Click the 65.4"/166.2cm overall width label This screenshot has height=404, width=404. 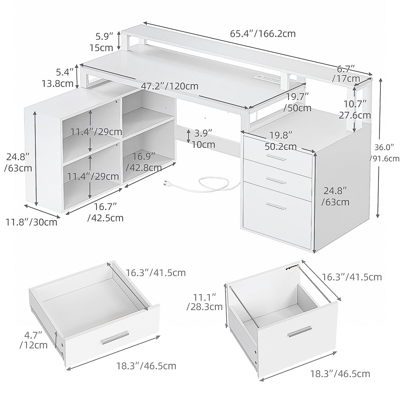pos(263,34)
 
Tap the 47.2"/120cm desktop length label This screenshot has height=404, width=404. pos(169,86)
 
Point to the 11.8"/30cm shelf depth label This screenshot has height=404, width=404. pos(31,222)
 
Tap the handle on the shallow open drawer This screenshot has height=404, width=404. pos(115,337)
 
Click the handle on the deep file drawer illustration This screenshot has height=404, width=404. pos(300,331)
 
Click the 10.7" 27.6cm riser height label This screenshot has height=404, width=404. pos(354,110)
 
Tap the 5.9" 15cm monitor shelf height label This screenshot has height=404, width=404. pos(101,41)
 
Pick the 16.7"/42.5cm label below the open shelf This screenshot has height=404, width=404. pos(105,212)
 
